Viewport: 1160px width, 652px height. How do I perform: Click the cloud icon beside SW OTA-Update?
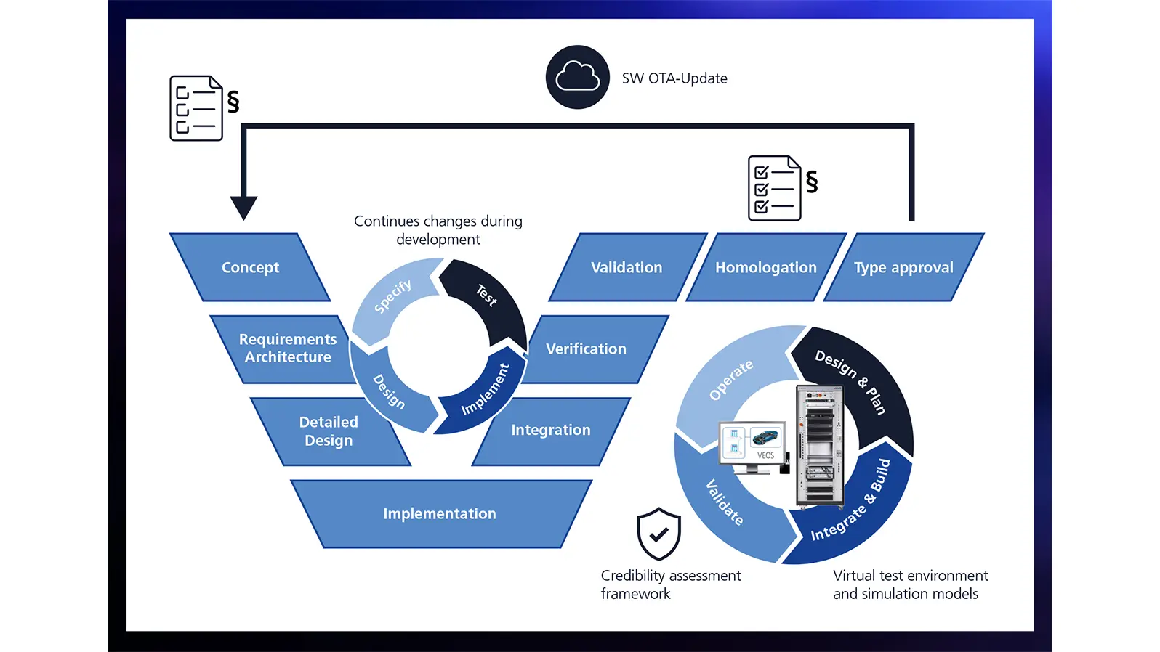tap(577, 77)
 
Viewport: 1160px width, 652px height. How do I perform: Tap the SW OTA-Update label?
tap(674, 78)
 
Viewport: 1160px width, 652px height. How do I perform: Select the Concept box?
tap(250, 267)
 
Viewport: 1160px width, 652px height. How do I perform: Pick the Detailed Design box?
tap(329, 431)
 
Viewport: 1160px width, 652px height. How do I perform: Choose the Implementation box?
tap(440, 513)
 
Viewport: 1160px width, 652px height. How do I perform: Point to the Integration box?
tap(551, 431)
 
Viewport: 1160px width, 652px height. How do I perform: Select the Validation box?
tap(627, 267)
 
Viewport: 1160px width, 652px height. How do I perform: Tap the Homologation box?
tap(765, 267)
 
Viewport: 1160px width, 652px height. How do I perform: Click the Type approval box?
tap(903, 267)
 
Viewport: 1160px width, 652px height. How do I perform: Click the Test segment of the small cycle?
tap(487, 298)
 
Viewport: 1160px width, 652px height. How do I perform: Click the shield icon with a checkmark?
tap(658, 534)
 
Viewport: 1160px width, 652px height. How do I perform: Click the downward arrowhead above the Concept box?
tap(243, 207)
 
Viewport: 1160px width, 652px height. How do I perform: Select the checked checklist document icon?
tap(775, 188)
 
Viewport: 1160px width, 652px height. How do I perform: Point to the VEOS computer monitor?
tap(752, 444)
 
